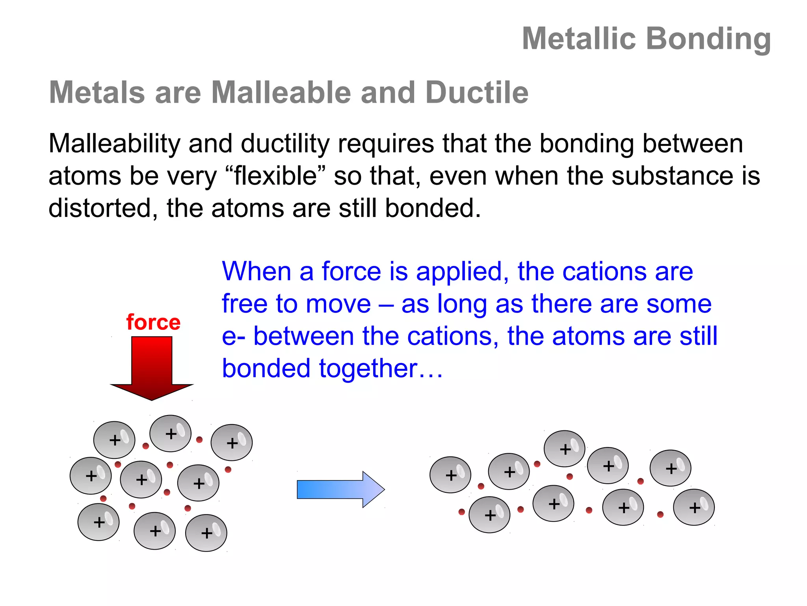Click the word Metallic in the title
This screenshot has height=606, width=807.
click(x=579, y=39)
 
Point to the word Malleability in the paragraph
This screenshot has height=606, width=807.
click(x=114, y=144)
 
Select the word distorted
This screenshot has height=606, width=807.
click(x=100, y=208)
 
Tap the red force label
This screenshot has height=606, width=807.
click(x=153, y=322)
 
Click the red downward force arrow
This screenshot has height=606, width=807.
click(x=152, y=367)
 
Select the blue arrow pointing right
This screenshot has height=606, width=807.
click(x=340, y=489)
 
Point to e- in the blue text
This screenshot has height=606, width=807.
click(x=233, y=336)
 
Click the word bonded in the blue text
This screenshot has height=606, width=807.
click(x=266, y=368)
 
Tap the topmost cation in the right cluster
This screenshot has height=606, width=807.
click(x=564, y=449)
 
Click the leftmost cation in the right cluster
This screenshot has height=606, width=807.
click(x=450, y=475)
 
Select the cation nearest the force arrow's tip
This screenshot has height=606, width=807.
click(x=170, y=433)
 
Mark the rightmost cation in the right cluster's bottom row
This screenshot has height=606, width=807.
click(x=694, y=507)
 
